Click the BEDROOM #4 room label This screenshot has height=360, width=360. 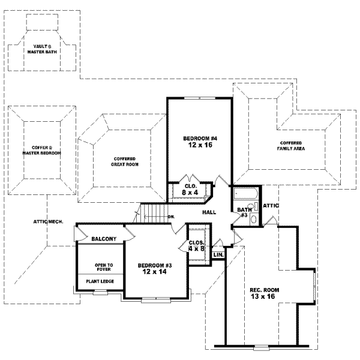click(x=199, y=139)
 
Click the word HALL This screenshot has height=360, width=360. click(x=209, y=212)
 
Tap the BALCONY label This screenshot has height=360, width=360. click(x=103, y=239)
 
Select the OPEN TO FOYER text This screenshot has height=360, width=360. click(x=100, y=267)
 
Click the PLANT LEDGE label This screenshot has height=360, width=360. click(x=100, y=281)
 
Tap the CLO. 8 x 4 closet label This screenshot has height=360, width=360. click(x=190, y=189)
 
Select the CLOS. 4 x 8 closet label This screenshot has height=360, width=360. click(x=197, y=246)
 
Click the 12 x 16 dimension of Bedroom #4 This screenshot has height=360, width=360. click(x=199, y=146)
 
